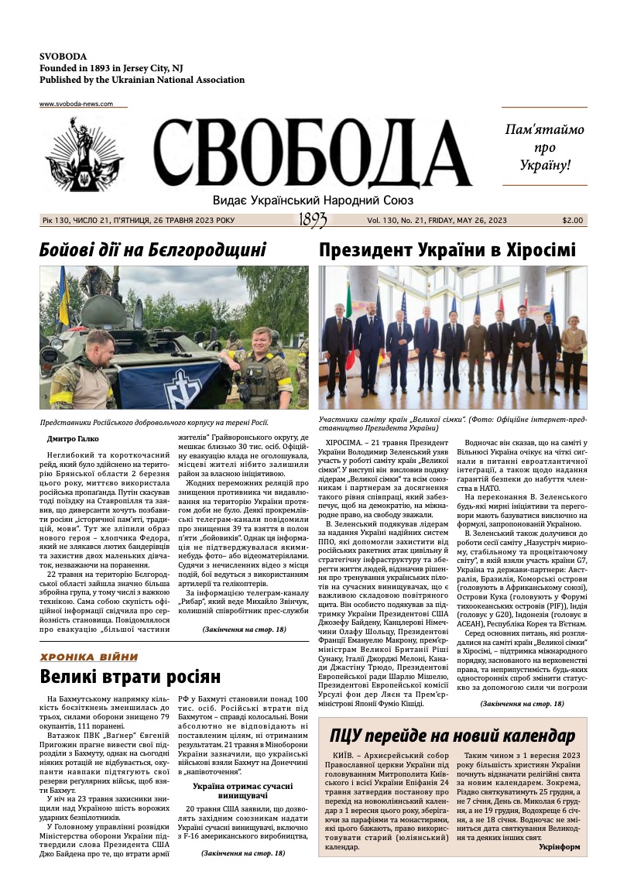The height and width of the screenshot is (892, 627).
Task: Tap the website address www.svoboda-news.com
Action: point(76,104)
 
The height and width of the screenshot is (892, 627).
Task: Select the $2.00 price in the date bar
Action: point(573,221)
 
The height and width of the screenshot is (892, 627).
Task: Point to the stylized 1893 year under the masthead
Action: point(312,221)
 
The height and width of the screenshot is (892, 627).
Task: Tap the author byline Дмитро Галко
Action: point(73,439)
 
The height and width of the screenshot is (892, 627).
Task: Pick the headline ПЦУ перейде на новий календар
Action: point(453,735)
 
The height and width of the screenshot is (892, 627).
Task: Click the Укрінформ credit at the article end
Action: point(559,846)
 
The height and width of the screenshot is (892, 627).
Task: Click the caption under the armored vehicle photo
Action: point(154,422)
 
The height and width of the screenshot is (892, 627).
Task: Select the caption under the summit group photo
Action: point(452,424)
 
